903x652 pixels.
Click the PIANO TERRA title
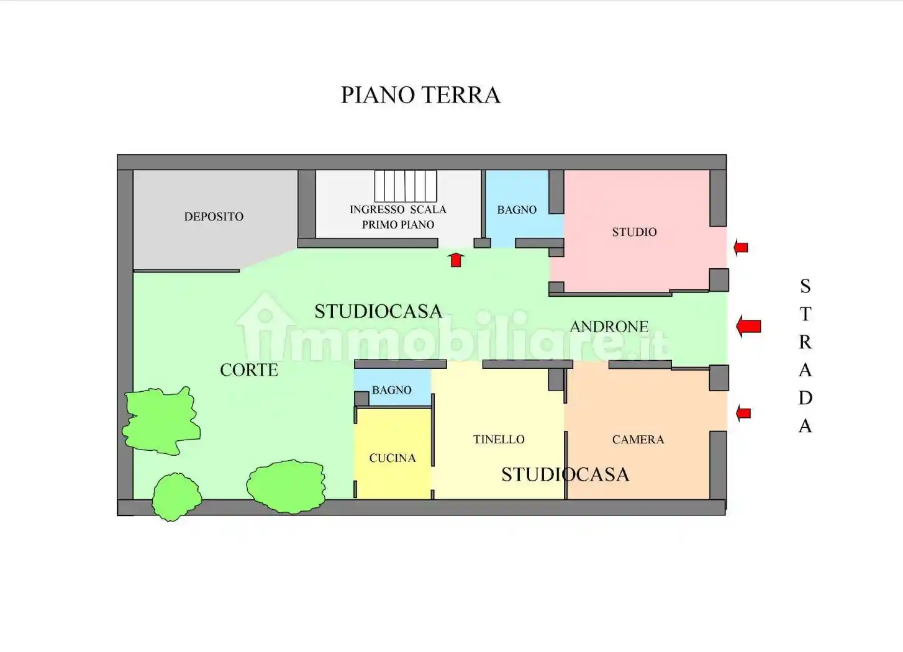420,95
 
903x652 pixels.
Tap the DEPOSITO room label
214,217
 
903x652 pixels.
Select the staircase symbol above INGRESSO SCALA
405,186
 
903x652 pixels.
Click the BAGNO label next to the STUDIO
517,210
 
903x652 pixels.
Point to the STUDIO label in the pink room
634,232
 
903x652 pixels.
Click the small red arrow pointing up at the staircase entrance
456,260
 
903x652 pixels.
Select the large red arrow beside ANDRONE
748,326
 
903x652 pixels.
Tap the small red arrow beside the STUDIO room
740,248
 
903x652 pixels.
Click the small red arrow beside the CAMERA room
743,413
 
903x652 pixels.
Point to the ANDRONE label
609,327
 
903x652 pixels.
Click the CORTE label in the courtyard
249,370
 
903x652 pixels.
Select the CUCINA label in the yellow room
393,458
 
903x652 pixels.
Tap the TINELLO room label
499,440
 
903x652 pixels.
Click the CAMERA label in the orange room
638,440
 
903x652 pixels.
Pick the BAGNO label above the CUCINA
391,390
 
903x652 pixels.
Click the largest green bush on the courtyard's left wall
161,420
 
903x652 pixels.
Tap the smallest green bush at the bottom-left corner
176,496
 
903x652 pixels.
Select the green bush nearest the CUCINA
286,486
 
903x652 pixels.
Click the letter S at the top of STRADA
805,286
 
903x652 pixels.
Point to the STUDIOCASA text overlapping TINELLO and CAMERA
565,475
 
